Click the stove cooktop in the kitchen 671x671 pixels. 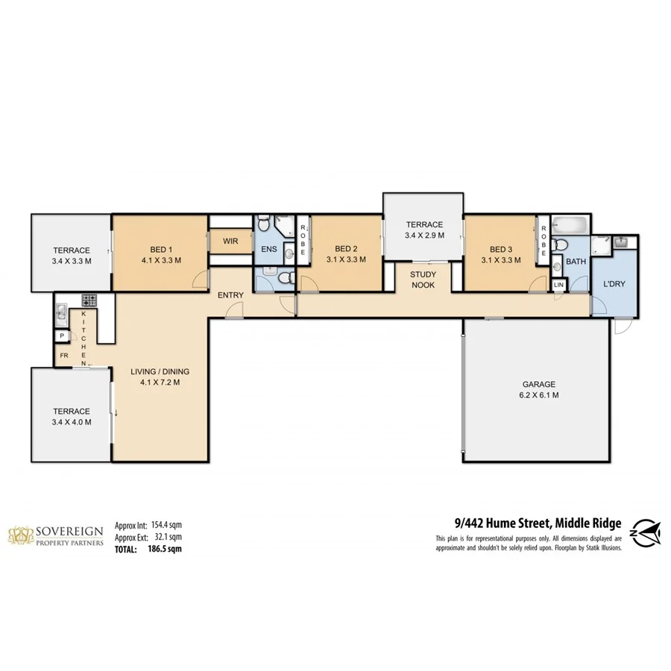89,300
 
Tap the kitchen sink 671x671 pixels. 61,311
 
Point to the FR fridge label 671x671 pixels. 64,356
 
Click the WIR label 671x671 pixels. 230,242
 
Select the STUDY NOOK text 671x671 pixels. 423,279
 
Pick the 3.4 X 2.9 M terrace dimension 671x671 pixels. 424,236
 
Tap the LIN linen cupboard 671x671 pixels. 558,285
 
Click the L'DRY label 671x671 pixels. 614,284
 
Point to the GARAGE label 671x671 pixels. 538,385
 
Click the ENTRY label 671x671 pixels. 230,295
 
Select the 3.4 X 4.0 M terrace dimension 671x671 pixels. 72,422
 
